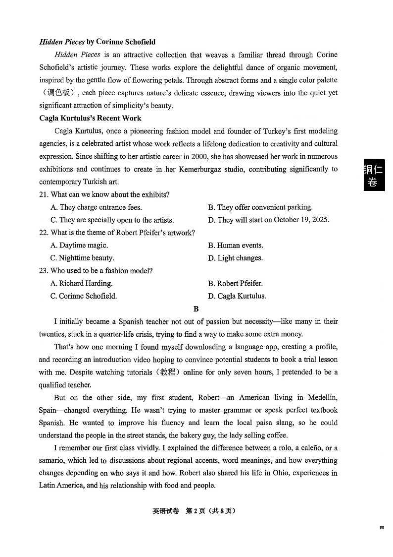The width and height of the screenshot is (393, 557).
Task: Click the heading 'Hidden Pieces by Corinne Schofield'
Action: [98, 42]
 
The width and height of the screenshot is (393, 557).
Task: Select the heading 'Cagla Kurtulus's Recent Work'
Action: [90, 118]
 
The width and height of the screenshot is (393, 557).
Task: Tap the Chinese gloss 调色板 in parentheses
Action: [57, 93]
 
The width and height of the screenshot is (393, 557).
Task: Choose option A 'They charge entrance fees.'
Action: [96, 207]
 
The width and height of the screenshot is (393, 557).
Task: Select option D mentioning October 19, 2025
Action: [268, 220]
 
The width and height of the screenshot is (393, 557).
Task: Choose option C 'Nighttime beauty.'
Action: [82, 258]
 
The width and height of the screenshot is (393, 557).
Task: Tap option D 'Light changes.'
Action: [235, 258]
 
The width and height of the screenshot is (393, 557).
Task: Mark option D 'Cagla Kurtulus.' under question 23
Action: [237, 296]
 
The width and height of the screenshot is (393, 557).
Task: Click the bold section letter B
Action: [196, 309]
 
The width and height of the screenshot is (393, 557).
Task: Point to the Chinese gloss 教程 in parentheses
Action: [165, 372]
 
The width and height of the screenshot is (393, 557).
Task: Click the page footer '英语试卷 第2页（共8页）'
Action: [196, 511]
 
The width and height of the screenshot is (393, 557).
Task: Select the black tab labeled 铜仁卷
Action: [374, 175]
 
